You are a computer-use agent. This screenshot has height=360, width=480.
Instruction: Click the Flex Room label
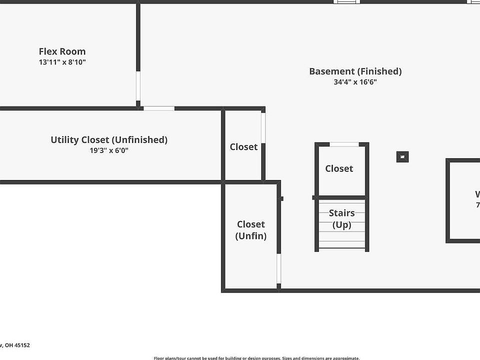[x=62, y=51]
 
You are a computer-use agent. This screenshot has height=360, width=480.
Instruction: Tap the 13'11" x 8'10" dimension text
[x=62, y=62]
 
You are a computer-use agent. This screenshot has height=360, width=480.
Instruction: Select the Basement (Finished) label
[x=355, y=71]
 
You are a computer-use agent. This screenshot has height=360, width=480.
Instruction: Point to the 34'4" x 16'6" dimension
[x=355, y=82]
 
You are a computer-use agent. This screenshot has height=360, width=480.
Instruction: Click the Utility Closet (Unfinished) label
[x=109, y=140]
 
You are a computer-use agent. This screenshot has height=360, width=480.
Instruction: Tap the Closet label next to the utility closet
[x=243, y=147]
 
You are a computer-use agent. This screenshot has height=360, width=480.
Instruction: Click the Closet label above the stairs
[x=339, y=169]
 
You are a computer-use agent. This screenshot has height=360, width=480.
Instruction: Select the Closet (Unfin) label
[x=251, y=230]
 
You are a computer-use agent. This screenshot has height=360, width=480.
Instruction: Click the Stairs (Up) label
[x=342, y=219]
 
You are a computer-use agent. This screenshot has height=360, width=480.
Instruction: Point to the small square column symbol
[x=402, y=157]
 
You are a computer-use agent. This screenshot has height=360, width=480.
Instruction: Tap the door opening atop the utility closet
[x=159, y=108]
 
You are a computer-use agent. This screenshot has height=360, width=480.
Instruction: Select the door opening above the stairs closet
[x=344, y=144]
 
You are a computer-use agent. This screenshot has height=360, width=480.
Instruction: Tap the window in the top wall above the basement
[x=346, y=1]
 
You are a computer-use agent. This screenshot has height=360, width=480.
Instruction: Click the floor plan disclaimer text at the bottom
[x=256, y=358]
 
